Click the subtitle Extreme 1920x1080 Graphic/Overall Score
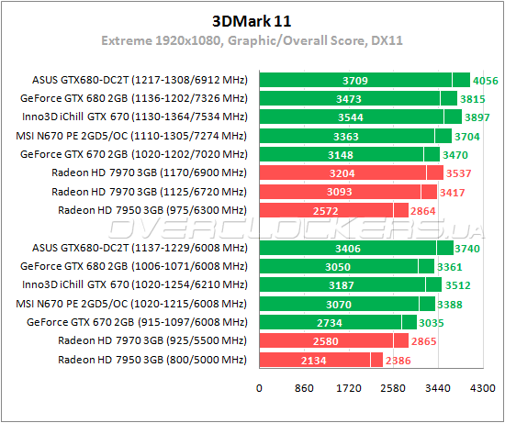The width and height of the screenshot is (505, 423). point(253,42)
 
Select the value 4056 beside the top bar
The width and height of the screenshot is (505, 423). point(487,81)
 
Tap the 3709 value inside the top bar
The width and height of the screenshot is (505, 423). point(354,81)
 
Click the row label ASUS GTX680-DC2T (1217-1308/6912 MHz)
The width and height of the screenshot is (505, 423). point(140,81)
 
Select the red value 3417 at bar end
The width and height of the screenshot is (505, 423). point(457,191)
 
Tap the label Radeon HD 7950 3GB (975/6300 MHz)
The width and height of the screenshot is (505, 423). point(152,209)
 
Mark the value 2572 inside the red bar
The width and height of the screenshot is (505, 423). point(326,210)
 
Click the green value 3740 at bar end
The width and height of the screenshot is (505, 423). point(471,248)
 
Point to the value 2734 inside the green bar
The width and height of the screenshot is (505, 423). point(330,322)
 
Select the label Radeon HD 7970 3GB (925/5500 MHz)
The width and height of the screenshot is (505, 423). point(152,340)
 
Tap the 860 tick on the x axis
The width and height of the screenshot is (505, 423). point(304,388)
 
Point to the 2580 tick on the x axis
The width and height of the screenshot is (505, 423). point(393,388)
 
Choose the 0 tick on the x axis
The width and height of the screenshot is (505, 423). point(260,388)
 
